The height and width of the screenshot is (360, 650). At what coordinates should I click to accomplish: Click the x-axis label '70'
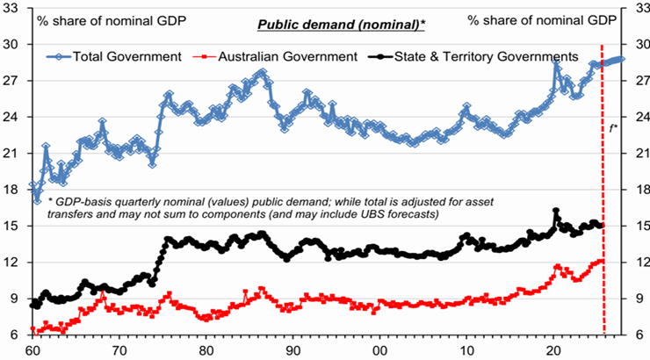point(118,350)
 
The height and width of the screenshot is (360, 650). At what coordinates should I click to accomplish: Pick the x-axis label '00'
point(380,350)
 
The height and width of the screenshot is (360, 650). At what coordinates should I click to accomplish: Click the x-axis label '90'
point(292,350)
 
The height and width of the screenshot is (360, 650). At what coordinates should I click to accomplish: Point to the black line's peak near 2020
point(556,211)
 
